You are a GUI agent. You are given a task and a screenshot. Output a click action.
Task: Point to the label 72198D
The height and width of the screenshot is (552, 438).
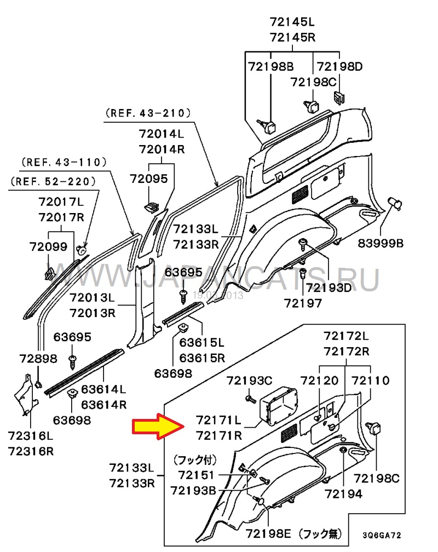click(x=340, y=67)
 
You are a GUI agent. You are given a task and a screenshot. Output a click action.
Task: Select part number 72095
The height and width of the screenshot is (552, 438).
click(x=148, y=179)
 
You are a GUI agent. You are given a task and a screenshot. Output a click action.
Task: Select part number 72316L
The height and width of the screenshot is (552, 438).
click(x=30, y=436)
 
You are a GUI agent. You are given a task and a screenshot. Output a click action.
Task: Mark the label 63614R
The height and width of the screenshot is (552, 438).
click(x=104, y=405)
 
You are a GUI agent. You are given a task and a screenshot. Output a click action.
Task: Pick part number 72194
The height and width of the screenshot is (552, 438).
click(x=343, y=494)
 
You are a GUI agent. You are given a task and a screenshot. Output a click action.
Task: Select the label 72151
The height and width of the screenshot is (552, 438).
click(x=196, y=475)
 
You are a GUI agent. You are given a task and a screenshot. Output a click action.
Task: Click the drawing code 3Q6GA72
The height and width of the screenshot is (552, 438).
click(x=385, y=535)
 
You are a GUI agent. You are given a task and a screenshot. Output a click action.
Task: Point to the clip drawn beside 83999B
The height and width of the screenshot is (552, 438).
click(x=395, y=205)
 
